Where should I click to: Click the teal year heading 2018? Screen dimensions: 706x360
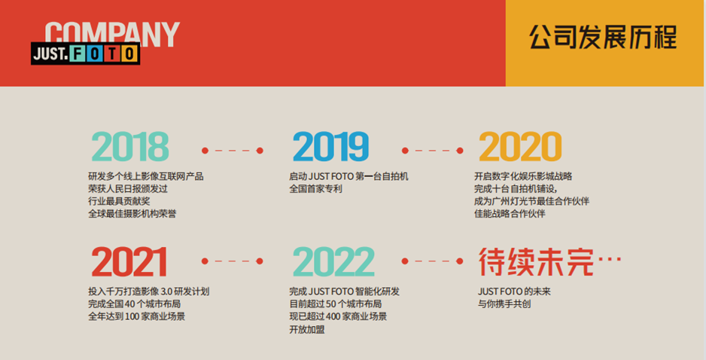pos(130,146)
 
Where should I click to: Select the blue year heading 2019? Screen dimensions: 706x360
pos(331,146)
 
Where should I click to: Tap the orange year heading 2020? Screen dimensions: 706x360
pos(520,146)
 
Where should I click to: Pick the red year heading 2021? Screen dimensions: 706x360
pos(129,262)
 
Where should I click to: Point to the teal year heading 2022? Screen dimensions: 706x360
pos(333,262)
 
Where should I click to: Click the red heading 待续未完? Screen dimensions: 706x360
pos(536,262)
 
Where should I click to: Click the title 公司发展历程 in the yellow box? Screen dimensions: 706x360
pos(603,37)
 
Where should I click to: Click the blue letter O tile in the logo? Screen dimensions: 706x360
pos(95,53)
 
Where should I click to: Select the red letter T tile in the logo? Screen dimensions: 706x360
pos(112,53)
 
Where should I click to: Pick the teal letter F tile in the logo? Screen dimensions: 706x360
pos(78,53)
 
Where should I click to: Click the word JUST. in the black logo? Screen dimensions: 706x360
pos(50,53)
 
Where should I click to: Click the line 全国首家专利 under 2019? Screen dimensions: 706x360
pos(315,189)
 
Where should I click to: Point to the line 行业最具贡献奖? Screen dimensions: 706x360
pos(119,201)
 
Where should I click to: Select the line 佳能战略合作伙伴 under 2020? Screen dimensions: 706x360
pos(510,214)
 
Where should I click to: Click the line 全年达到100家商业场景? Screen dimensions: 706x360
pos(136,316)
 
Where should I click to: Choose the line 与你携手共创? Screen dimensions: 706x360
pos(504,304)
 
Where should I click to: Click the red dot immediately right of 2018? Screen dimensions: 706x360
pos(205,151)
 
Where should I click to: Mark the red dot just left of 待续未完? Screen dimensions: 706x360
pos(460,261)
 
